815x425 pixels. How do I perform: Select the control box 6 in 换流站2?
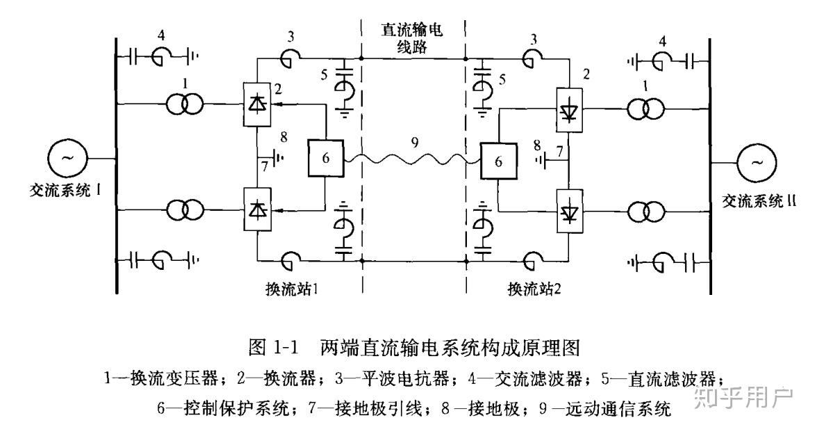coord(497,161)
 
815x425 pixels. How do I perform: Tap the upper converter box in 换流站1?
coord(257,105)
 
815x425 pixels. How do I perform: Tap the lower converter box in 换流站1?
coord(257,209)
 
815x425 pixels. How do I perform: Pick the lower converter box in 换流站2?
coord(569,211)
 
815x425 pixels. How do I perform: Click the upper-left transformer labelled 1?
coord(185,105)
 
